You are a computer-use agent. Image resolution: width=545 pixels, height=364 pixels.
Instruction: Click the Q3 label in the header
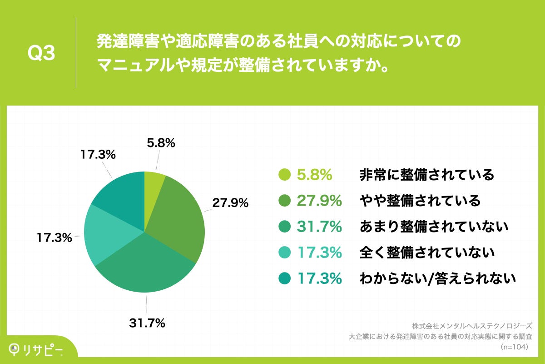41,54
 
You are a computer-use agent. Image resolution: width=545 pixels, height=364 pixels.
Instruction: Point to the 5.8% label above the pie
161,143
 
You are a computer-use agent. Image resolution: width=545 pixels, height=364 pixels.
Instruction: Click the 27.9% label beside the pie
230,203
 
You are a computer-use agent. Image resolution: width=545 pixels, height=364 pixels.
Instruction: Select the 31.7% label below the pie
147,324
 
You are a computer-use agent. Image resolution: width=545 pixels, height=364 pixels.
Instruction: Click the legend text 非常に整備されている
426,174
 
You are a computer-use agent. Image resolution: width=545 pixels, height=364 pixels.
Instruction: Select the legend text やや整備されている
420,200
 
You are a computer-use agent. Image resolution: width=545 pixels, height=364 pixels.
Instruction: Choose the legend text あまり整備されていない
434,226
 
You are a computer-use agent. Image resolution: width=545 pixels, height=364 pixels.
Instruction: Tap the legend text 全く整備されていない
426,252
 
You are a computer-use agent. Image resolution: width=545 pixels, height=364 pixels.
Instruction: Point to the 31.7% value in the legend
319,226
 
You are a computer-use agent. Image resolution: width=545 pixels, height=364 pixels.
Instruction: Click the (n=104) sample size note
515,347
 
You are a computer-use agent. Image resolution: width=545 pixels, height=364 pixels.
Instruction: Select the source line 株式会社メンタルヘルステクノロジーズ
472,326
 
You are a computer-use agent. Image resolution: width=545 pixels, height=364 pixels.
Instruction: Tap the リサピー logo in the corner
36,349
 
